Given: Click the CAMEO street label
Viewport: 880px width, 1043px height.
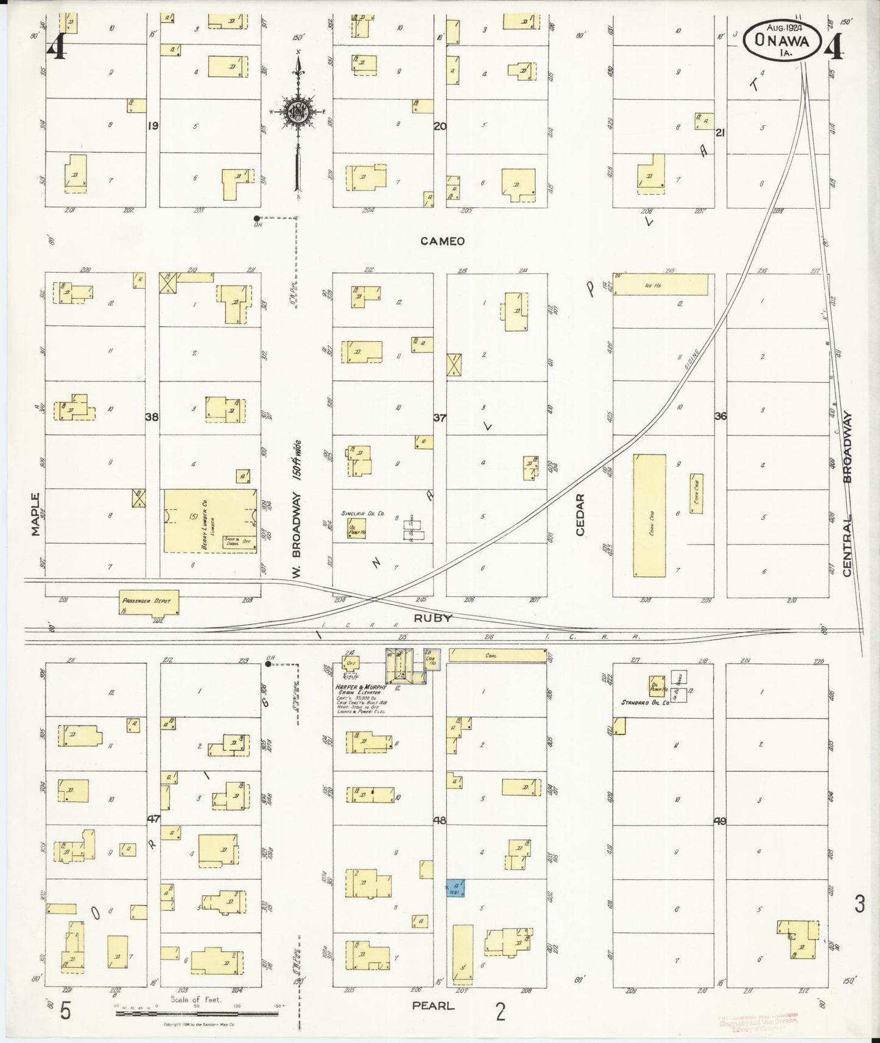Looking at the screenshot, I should [442, 241].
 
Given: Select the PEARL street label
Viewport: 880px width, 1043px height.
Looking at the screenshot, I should [433, 1005].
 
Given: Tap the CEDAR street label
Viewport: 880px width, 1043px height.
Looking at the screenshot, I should [580, 515].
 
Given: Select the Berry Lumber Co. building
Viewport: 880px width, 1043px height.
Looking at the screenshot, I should [210, 521].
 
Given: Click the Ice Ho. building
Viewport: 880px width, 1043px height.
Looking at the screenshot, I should [661, 284].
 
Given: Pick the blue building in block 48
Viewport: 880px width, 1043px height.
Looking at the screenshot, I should [457, 888].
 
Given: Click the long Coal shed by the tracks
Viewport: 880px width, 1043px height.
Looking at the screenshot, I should [498, 655].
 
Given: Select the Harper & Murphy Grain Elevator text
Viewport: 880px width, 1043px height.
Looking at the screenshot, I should [361, 689].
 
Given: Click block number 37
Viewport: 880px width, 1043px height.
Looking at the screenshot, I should [440, 417].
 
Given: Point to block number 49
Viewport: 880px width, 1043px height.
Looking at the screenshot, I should [720, 821].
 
